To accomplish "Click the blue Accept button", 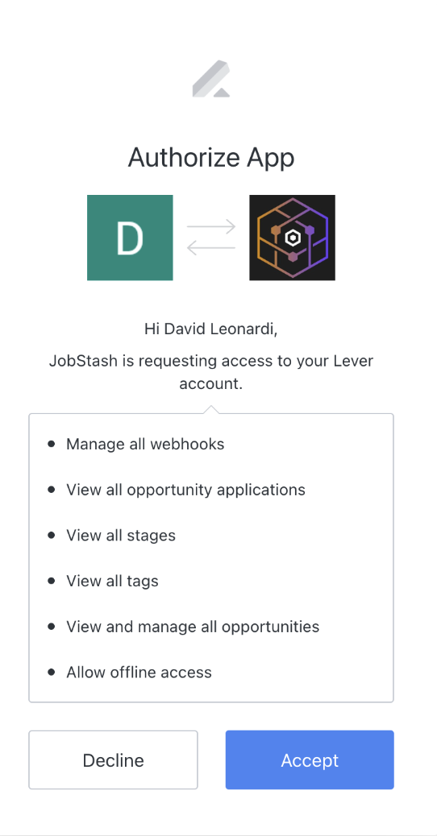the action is pos(310,759).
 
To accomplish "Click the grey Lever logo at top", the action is pos(211,79).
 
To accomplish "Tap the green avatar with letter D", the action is pos(130,238).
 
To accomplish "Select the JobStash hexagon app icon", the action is pos(292,238).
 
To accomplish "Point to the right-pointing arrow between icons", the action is pos(211,226).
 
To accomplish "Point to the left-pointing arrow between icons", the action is pos(211,247).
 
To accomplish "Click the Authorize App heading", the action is pos(211,158).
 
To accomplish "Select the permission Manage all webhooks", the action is pos(145,444).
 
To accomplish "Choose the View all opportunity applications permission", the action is pos(185,490).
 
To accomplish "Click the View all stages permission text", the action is pos(121,536).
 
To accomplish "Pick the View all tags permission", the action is pos(112,581).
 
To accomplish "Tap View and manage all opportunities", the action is pos(193,627).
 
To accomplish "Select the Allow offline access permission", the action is pos(139,673).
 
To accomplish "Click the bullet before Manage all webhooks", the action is pos(52,444).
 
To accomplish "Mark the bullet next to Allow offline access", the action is pos(52,672).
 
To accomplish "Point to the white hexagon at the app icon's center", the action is pos(292,238).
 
